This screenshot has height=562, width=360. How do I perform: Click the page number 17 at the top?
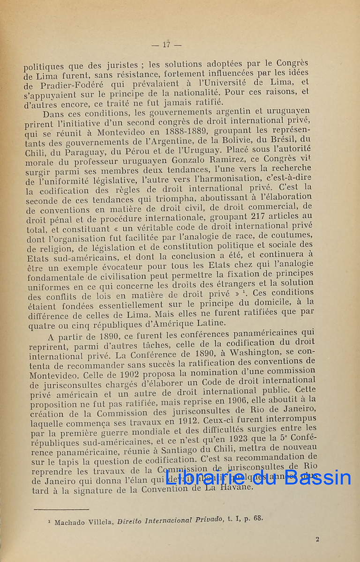(166, 45)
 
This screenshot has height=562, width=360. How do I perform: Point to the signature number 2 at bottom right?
(317, 539)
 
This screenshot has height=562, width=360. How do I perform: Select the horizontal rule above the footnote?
(61, 510)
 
